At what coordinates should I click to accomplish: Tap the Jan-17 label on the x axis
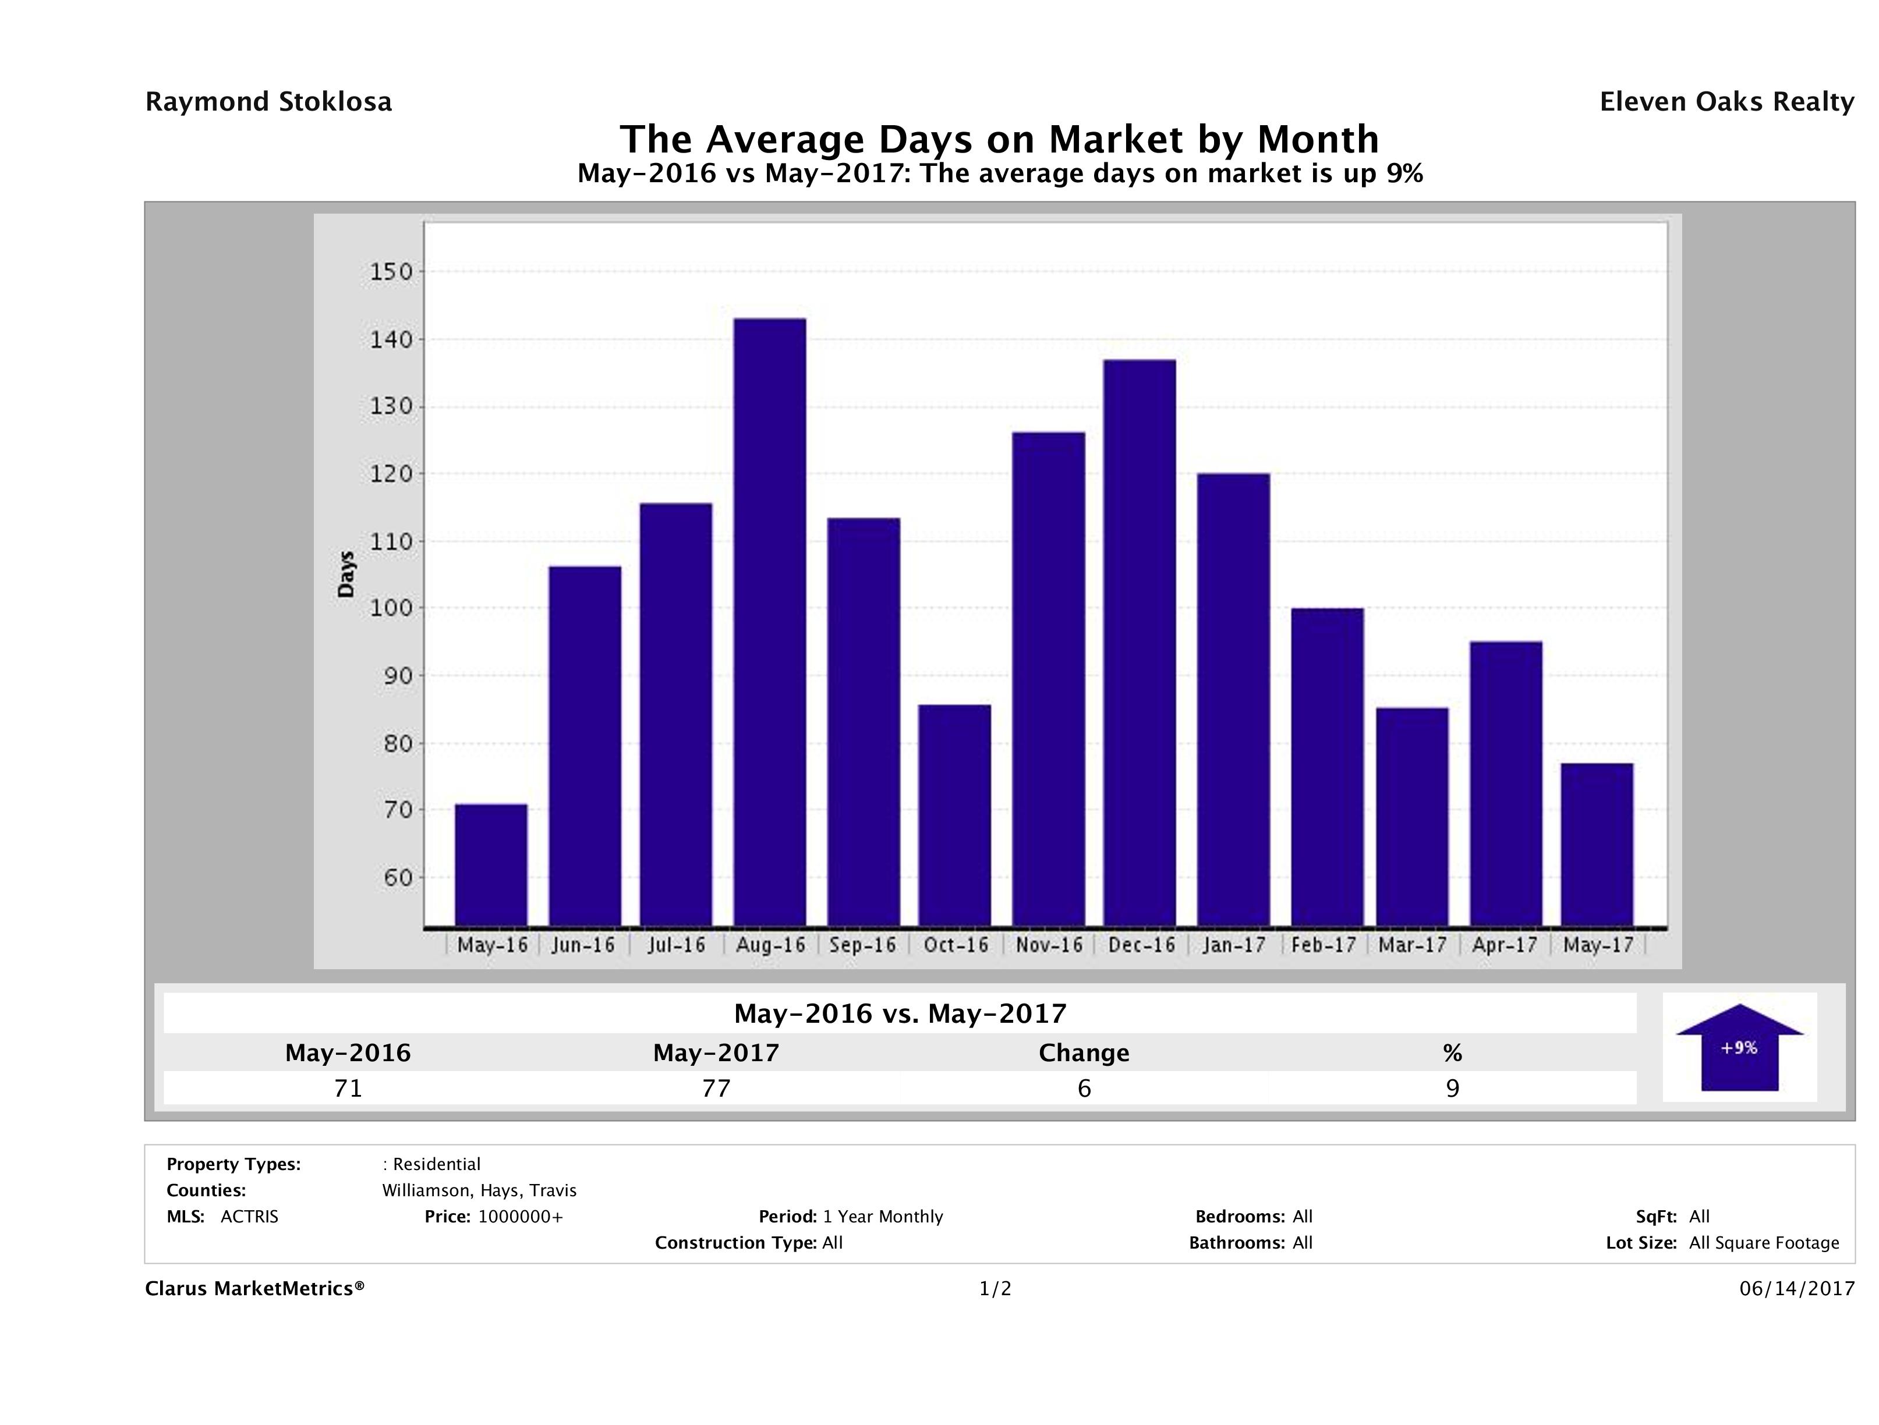1233,945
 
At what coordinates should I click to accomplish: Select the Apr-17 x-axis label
1505,945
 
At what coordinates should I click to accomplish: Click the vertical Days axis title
346,574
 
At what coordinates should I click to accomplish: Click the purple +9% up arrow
1739,1047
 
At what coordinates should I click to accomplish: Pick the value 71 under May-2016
348,1088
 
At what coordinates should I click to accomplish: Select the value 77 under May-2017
716,1088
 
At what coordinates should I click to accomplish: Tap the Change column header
1084,1053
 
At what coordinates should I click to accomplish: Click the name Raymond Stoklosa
268,102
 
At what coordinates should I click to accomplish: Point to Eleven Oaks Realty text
1726,102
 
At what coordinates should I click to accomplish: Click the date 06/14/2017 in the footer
1796,1289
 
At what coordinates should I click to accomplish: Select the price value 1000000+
520,1217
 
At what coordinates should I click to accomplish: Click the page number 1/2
995,1289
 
